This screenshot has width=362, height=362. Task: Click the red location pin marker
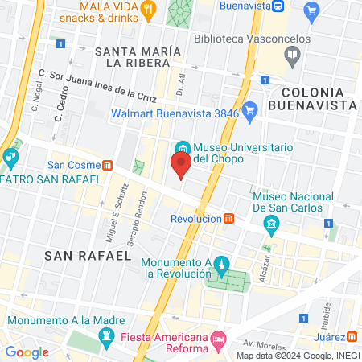[181, 167]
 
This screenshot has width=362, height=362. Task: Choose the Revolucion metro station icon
[229, 218]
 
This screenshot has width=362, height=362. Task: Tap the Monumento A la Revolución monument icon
[224, 264]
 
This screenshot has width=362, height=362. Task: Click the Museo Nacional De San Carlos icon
[272, 222]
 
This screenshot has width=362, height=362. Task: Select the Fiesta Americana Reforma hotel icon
[217, 343]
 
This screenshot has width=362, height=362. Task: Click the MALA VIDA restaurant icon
[147, 10]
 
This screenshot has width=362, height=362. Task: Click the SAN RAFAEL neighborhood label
[88, 255]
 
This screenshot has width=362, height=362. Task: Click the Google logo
[27, 352]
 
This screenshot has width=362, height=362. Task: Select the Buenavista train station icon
[276, 5]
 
